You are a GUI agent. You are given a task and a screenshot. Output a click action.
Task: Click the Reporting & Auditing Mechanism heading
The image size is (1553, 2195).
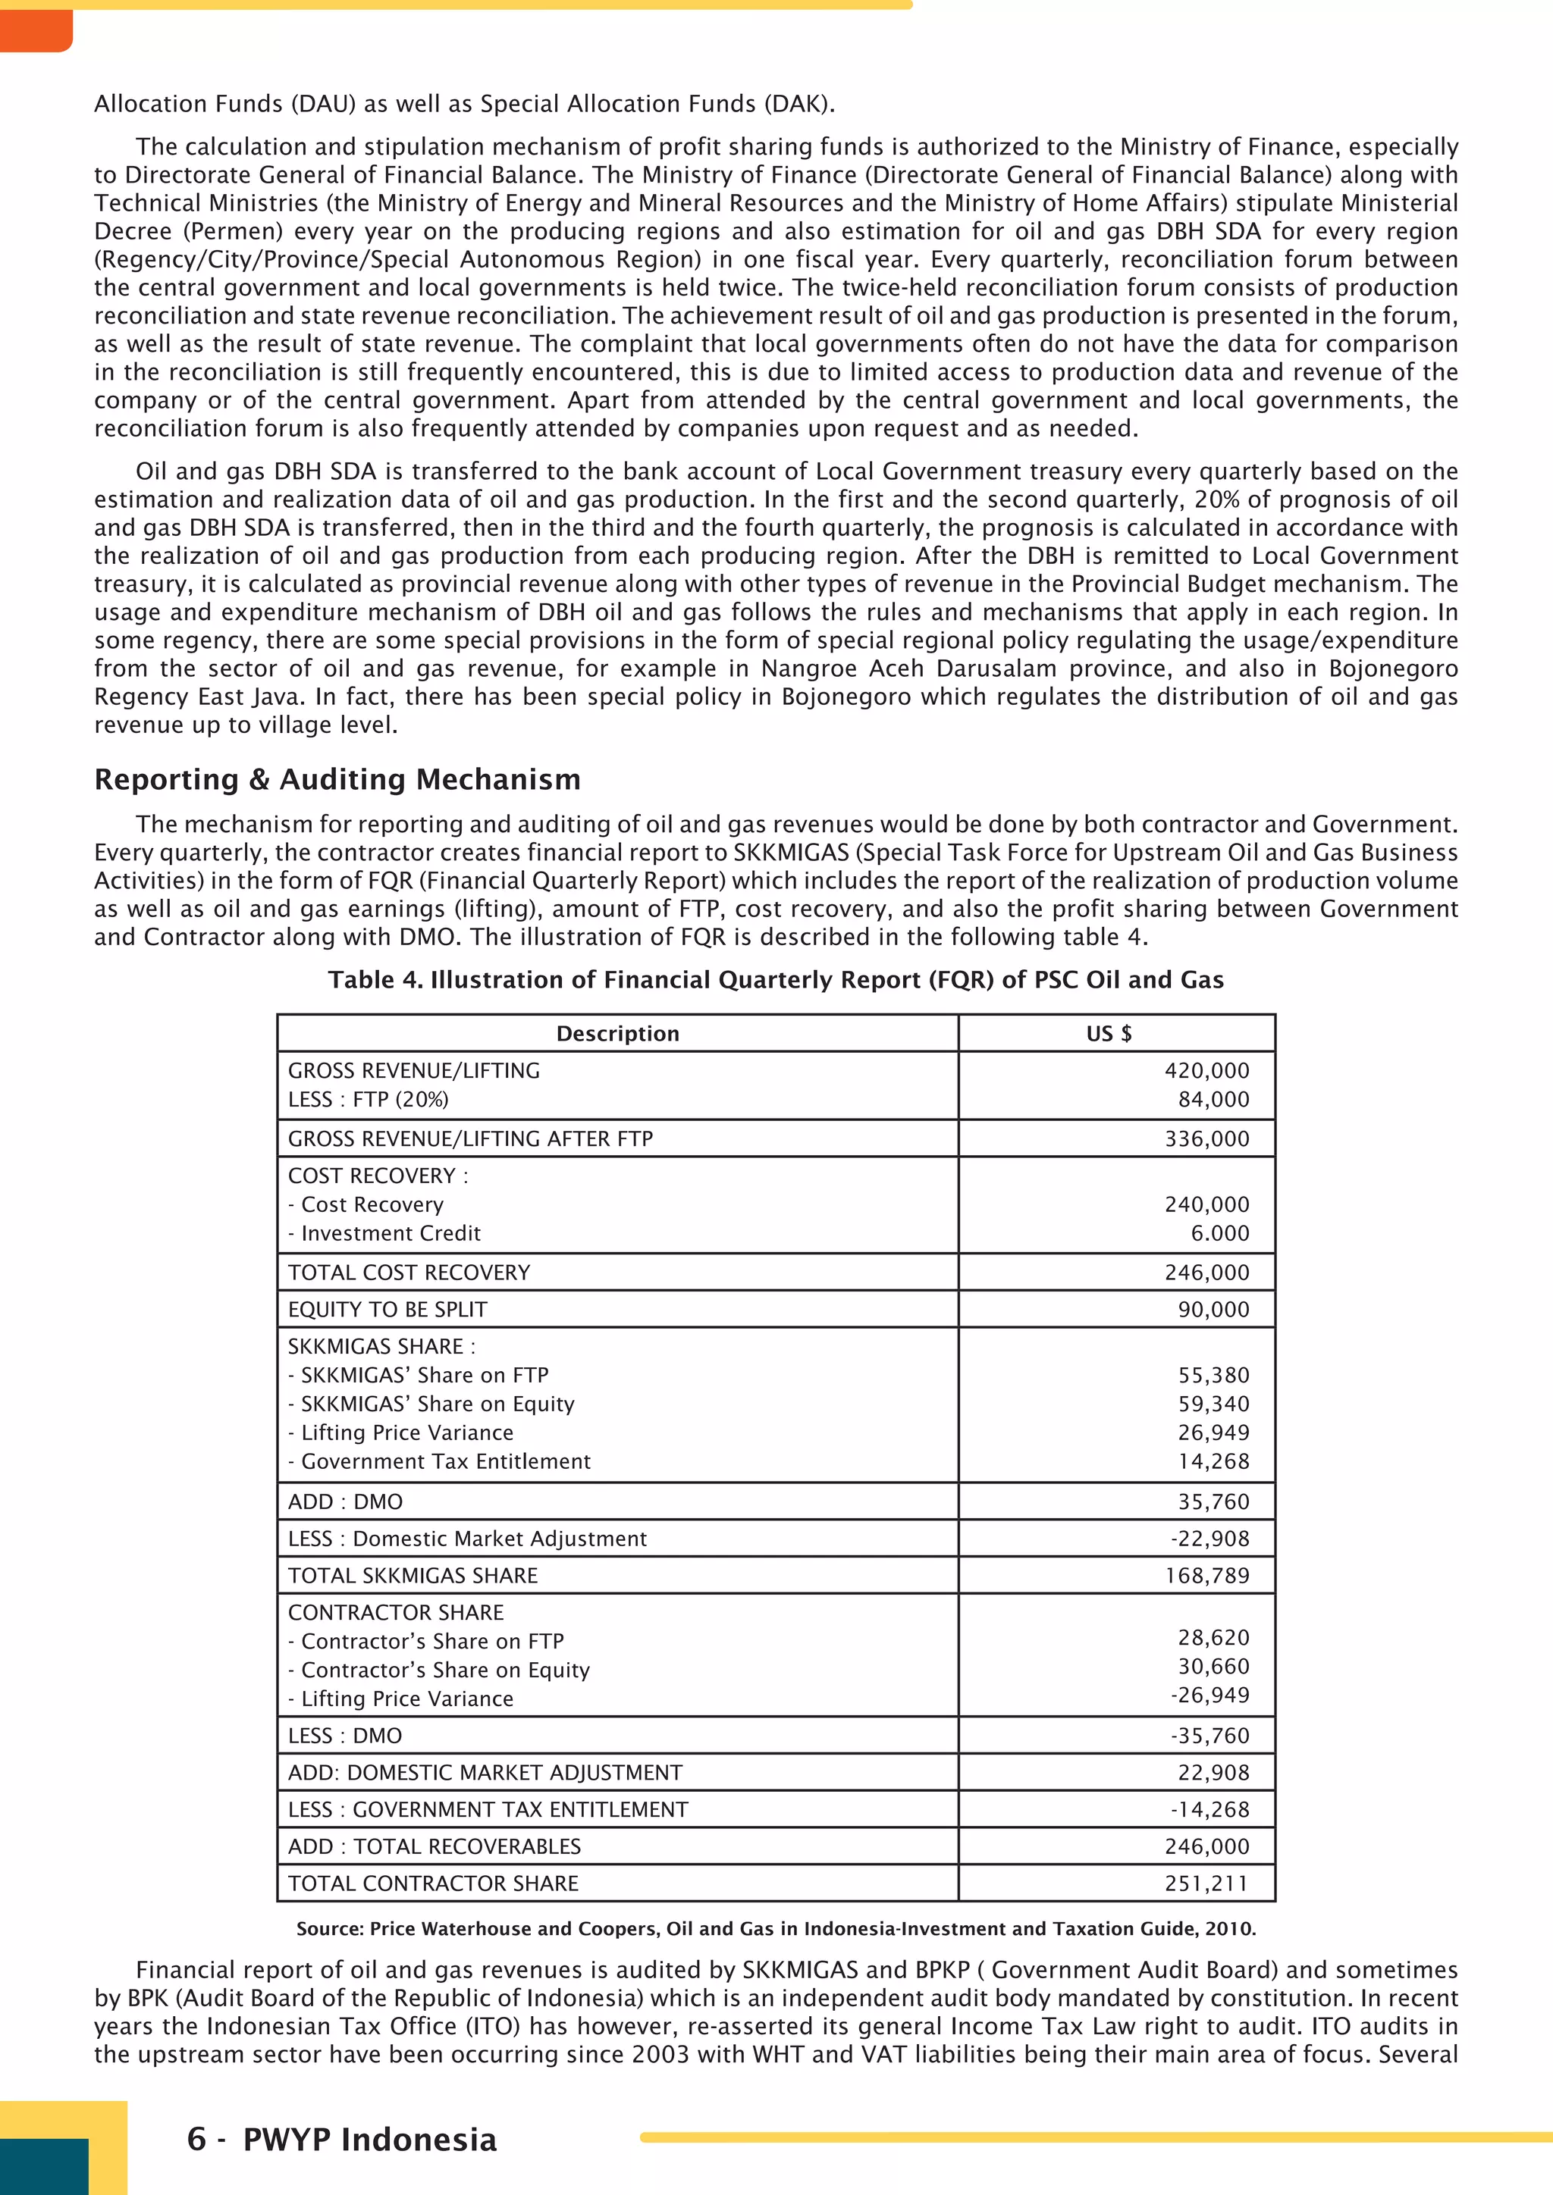(337, 780)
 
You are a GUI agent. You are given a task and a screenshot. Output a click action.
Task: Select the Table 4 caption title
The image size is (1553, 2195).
(776, 980)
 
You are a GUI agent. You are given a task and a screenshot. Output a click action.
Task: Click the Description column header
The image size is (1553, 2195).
(618, 1033)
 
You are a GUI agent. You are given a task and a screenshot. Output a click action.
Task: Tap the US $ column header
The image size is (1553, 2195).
(1109, 1033)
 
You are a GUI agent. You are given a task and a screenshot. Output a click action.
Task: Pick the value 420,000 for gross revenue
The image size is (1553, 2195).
(1206, 1071)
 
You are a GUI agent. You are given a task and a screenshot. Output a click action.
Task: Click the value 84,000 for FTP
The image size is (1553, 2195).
(1213, 1100)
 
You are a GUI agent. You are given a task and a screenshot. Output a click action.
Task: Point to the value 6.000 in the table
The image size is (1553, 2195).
(1219, 1233)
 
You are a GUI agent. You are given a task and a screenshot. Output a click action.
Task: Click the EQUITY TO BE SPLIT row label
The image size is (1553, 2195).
(387, 1310)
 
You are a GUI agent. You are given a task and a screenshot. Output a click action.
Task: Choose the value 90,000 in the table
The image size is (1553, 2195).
(1213, 1310)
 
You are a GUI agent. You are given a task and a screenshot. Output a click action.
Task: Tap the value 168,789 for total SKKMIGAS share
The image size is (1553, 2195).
(1206, 1576)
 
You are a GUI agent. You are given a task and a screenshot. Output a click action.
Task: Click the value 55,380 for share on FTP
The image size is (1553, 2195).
(1213, 1376)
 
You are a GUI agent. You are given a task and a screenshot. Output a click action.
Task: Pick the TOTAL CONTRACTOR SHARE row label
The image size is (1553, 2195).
(433, 1883)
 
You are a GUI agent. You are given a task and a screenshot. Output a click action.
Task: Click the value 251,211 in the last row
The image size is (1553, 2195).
(1206, 1883)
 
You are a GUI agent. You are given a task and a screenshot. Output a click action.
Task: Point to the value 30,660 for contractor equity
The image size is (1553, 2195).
(1213, 1666)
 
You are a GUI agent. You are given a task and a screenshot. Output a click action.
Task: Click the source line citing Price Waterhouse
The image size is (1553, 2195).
(776, 1928)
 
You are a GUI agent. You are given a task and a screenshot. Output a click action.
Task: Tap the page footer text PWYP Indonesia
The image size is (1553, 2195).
(369, 2140)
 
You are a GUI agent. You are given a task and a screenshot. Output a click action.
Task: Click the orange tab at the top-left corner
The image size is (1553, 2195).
(36, 29)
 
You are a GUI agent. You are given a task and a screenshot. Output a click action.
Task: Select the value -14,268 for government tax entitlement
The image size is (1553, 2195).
(1209, 1810)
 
